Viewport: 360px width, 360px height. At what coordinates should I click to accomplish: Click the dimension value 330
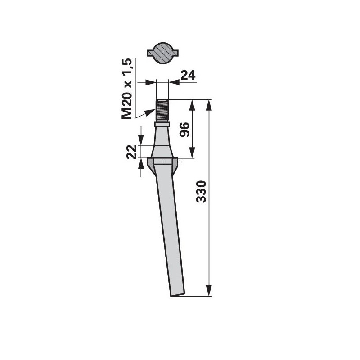click(x=201, y=192)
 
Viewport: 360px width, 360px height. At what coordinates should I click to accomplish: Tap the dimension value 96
click(x=184, y=130)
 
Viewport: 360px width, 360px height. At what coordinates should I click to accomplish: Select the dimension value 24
click(x=188, y=75)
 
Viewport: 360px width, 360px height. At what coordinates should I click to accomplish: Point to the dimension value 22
click(x=131, y=152)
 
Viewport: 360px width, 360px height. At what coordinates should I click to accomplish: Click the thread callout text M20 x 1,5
click(x=127, y=89)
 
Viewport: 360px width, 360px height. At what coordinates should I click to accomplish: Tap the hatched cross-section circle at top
click(x=162, y=53)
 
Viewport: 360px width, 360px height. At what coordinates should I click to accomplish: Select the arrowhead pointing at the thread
click(x=149, y=112)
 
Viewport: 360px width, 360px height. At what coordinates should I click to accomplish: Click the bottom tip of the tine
click(x=171, y=296)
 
